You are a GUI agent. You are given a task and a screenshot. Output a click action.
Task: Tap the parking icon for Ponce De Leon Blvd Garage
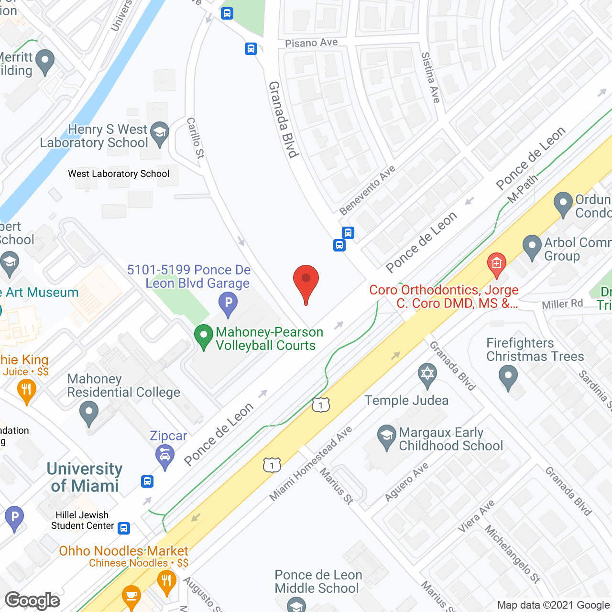[x=228, y=303]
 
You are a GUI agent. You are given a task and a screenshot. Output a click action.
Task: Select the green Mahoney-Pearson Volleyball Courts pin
[x=204, y=336]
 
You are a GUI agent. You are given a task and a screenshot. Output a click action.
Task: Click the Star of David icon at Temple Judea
[x=427, y=374]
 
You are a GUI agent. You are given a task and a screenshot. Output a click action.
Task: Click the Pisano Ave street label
[x=311, y=43]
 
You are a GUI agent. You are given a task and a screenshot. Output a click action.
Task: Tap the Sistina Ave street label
[x=430, y=77]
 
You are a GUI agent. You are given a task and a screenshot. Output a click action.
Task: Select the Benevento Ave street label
[x=367, y=190]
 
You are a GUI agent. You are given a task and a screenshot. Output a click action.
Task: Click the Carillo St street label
[x=196, y=138]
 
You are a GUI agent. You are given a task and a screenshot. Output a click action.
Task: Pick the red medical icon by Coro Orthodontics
[x=496, y=263]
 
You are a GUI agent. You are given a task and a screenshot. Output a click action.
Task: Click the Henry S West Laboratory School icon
[x=159, y=132]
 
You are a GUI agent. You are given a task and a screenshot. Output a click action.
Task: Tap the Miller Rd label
[x=562, y=304]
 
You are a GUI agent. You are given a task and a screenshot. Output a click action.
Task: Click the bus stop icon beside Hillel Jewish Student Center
[x=124, y=528]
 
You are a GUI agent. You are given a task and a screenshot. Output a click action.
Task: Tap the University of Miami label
[x=85, y=477]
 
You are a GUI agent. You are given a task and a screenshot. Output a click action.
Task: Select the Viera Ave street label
[x=476, y=516]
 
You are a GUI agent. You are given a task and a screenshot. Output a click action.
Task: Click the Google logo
[x=33, y=601]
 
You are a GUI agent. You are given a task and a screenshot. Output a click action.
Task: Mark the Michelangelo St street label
[x=513, y=554]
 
